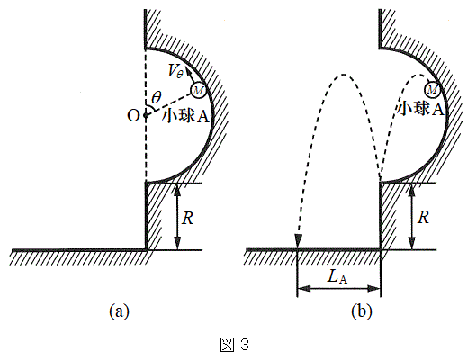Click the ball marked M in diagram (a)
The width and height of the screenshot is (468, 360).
(x=198, y=90)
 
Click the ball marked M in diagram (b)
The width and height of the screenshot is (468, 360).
(x=432, y=89)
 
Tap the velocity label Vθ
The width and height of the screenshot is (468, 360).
(x=175, y=71)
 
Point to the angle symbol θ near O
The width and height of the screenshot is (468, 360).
(x=157, y=97)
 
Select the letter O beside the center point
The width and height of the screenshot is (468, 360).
(x=133, y=115)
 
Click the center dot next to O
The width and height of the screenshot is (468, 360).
(x=146, y=115)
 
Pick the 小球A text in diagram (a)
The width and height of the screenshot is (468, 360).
(x=185, y=116)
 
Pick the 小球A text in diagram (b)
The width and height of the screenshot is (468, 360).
(x=420, y=109)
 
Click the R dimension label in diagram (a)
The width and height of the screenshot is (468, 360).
(x=188, y=218)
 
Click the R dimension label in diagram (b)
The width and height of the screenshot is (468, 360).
(x=423, y=217)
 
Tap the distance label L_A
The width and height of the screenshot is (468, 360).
(x=337, y=276)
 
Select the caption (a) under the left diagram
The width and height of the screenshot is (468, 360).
(x=120, y=311)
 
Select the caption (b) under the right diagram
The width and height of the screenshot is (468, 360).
(x=362, y=311)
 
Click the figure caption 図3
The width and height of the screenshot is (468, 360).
(x=235, y=344)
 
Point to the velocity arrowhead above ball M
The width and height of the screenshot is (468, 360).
(x=187, y=71)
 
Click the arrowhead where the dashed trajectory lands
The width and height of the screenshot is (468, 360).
(x=298, y=241)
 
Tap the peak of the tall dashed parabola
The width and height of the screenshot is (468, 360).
(x=344, y=75)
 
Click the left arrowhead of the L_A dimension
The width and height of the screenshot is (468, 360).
(x=303, y=289)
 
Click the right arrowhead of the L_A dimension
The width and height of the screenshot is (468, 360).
(x=374, y=289)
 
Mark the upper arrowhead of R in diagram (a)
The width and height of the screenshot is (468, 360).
(x=178, y=190)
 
